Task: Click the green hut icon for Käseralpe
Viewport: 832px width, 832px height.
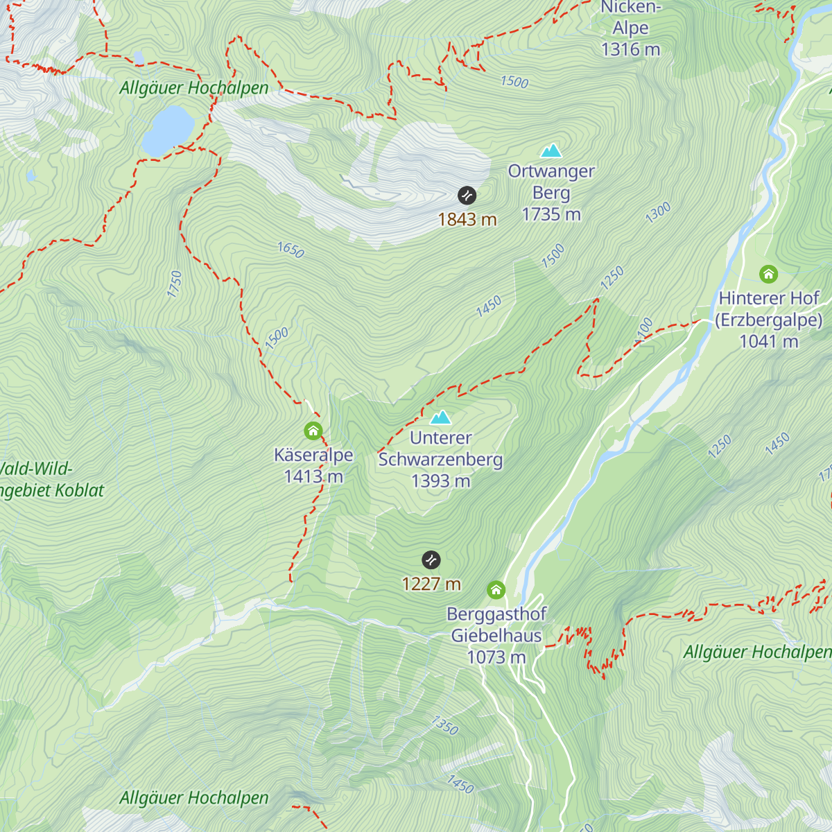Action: pyautogui.click(x=313, y=431)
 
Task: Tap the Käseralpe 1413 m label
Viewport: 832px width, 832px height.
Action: pyautogui.click(x=313, y=465)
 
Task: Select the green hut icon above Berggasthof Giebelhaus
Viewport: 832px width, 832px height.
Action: pyautogui.click(x=496, y=590)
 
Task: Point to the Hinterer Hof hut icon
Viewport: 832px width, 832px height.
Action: pyautogui.click(x=768, y=274)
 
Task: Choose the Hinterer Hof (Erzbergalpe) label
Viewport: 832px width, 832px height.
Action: pyautogui.click(x=768, y=320)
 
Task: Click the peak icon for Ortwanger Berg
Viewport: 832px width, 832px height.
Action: pyautogui.click(x=551, y=150)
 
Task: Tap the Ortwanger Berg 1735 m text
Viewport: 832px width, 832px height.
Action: pyautogui.click(x=551, y=193)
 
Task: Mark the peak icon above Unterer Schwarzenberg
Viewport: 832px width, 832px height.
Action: pyautogui.click(x=441, y=417)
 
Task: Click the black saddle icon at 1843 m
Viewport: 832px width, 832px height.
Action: pyautogui.click(x=467, y=196)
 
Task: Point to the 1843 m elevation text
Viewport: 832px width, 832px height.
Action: pyautogui.click(x=467, y=220)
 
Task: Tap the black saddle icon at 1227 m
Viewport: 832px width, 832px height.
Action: pyautogui.click(x=431, y=560)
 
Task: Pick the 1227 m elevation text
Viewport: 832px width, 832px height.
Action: pyautogui.click(x=431, y=584)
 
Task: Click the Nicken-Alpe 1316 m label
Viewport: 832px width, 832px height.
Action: pyautogui.click(x=630, y=28)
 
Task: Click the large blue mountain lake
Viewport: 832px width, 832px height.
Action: pyautogui.click(x=167, y=130)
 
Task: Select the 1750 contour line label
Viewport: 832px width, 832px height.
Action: pyautogui.click(x=175, y=284)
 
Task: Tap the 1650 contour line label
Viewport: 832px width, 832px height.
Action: pyautogui.click(x=291, y=250)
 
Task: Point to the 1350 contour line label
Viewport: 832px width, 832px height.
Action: pyautogui.click(x=444, y=725)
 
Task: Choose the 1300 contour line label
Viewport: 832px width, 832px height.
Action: pyautogui.click(x=658, y=212)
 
